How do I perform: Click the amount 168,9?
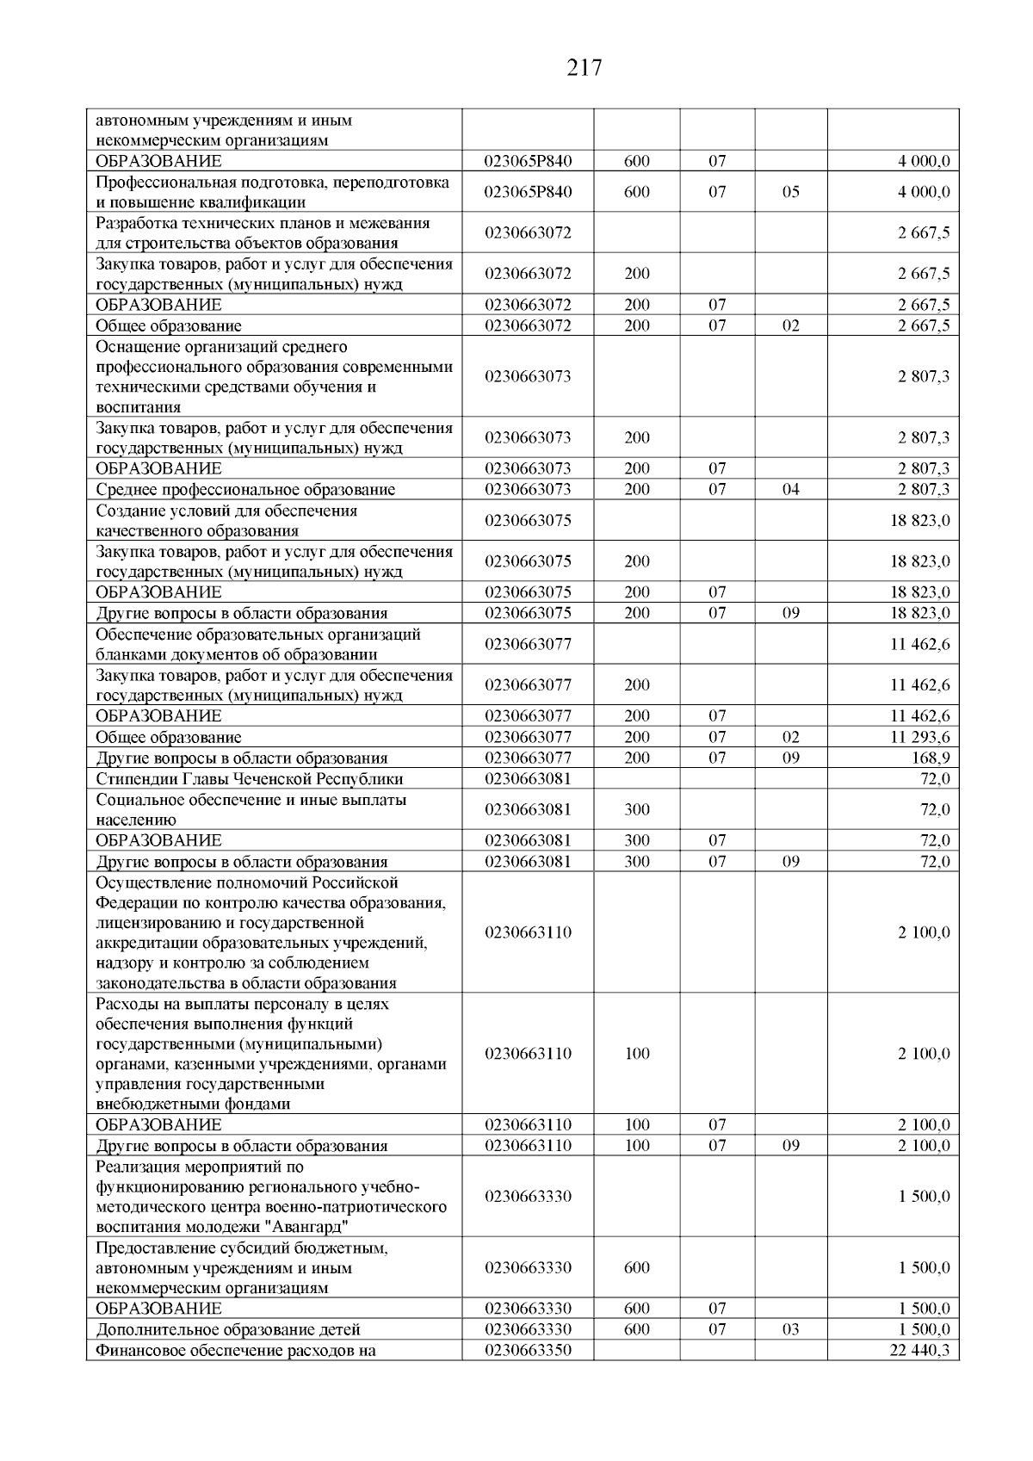(x=932, y=758)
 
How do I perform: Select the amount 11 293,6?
(x=919, y=737)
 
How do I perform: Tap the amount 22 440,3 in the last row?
(x=919, y=1350)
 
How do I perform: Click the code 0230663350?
(x=528, y=1350)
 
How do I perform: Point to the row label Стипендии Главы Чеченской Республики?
(x=250, y=779)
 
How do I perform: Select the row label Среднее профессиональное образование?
(x=245, y=490)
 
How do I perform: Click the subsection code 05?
(x=790, y=192)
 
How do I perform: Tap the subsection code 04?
(x=790, y=490)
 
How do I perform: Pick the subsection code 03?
(x=790, y=1329)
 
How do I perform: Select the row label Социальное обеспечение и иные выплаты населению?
(x=251, y=809)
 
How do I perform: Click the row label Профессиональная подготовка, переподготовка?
(x=272, y=183)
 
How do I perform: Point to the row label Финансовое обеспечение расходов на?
(x=236, y=1350)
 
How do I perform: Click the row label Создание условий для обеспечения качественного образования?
(x=226, y=520)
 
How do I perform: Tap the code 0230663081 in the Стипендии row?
(x=528, y=779)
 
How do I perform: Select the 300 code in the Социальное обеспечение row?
(x=637, y=809)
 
